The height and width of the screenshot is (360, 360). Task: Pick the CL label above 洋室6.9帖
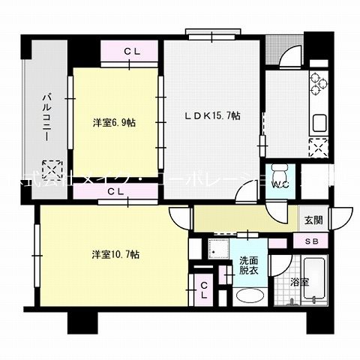[x=133, y=51]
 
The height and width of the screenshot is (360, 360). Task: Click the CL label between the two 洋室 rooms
[x=115, y=192]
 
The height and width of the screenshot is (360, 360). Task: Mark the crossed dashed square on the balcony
[x=50, y=168]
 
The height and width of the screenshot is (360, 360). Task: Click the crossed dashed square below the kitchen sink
[x=318, y=148]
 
